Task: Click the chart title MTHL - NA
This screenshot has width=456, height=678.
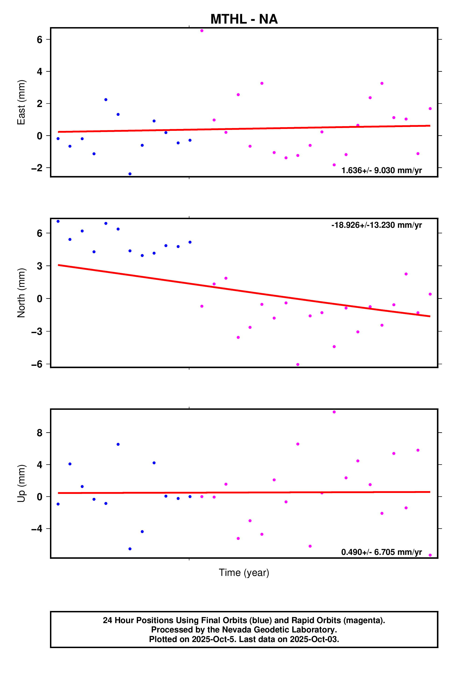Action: [x=244, y=19]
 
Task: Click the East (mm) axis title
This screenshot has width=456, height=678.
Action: [x=21, y=102]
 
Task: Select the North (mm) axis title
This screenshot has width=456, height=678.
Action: [x=21, y=293]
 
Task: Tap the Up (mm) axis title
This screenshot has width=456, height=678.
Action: [x=21, y=483]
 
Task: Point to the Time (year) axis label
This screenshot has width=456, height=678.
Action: [x=244, y=572]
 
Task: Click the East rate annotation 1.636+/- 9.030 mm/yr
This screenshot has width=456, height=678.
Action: [x=381, y=170]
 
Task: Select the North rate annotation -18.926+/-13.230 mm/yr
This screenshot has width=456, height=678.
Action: [x=376, y=225]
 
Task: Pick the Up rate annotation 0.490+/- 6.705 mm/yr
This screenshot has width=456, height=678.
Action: [x=381, y=552]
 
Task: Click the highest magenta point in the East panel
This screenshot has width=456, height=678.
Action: [x=202, y=31]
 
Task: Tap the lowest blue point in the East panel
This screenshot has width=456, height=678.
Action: [x=130, y=174]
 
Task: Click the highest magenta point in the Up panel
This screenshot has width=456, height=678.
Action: [x=334, y=412]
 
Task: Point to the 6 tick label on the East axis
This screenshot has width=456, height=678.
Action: [x=39, y=39]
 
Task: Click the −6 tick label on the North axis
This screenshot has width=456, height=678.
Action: [x=37, y=364]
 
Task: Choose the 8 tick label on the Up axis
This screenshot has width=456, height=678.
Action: [x=39, y=433]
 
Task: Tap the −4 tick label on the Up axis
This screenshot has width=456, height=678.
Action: [x=37, y=529]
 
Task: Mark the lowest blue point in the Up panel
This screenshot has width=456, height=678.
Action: [x=130, y=549]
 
